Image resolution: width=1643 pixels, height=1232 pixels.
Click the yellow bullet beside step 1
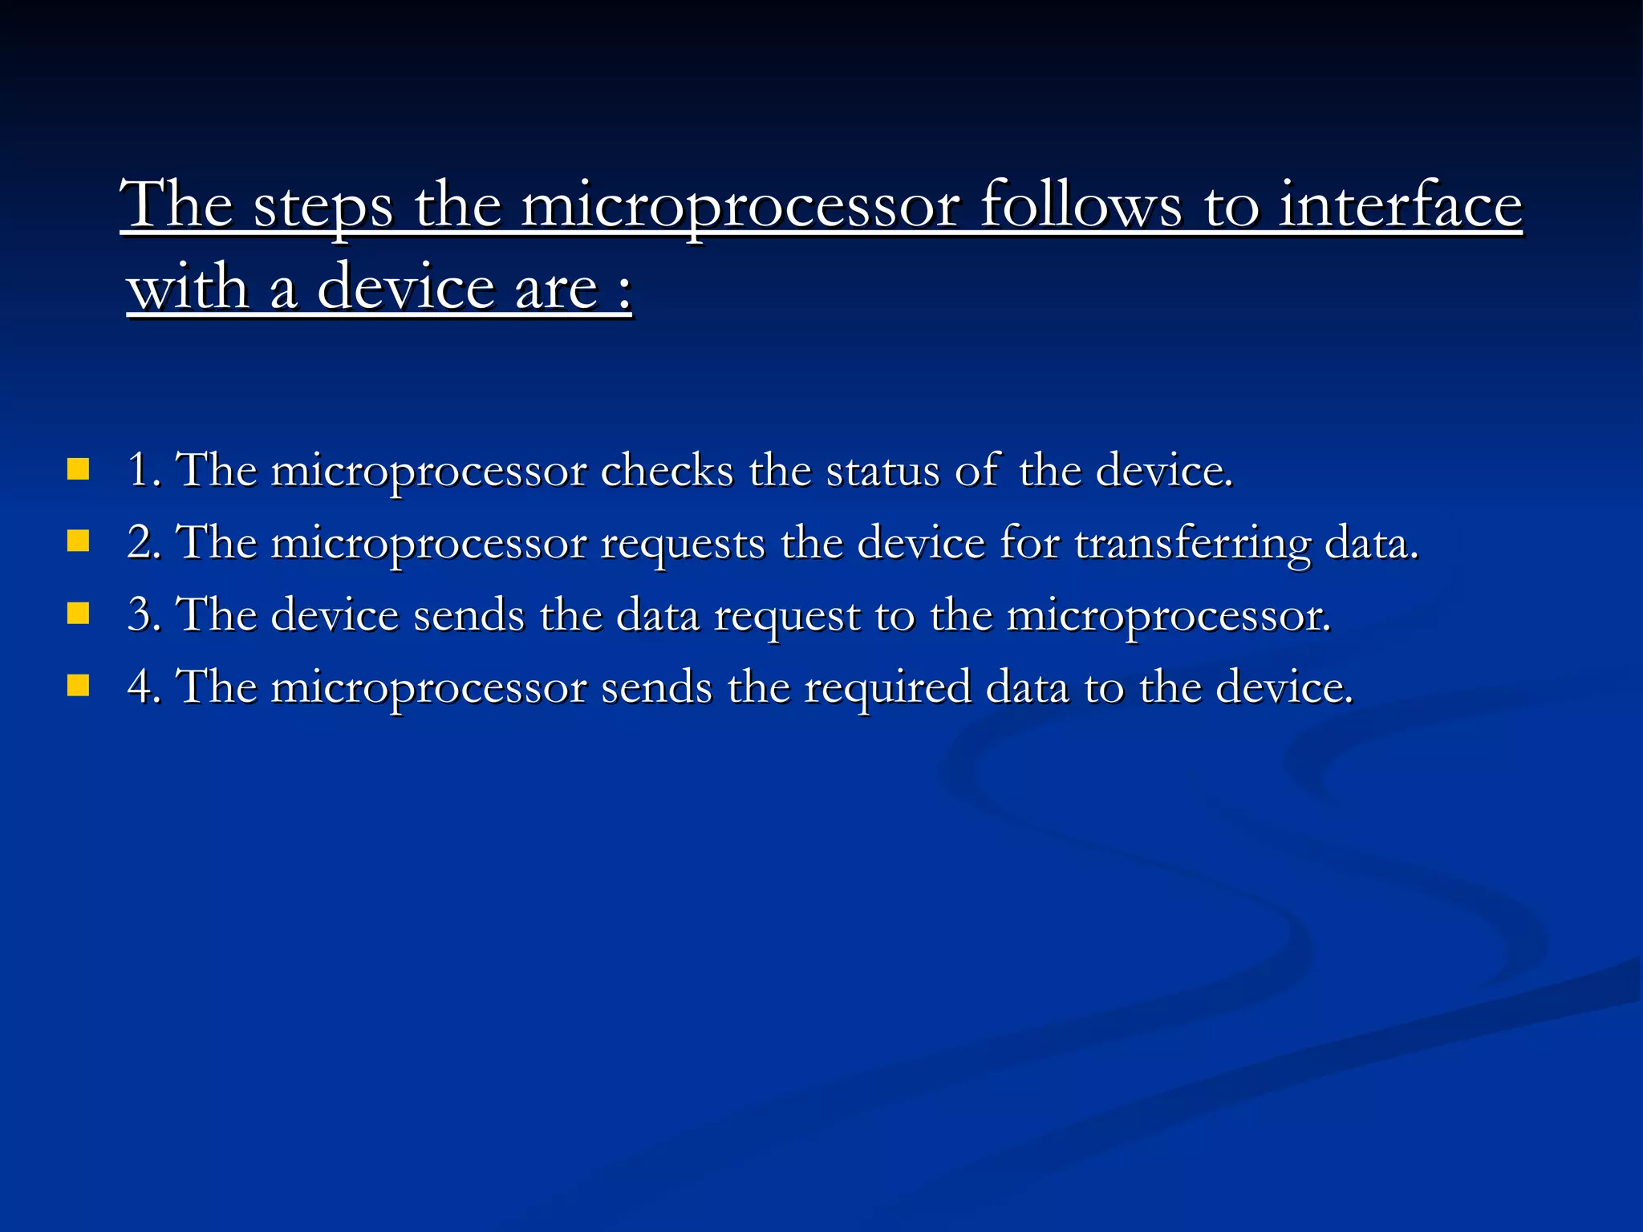click(78, 469)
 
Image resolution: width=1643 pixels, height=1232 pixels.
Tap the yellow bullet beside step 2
click(78, 541)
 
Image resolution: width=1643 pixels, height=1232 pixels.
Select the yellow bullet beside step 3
click(78, 614)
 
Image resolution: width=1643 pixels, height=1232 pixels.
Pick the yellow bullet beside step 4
click(78, 686)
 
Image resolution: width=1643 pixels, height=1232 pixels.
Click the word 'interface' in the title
click(1399, 205)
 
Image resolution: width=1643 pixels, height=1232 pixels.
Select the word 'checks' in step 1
click(667, 470)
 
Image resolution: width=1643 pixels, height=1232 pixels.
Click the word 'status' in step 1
click(882, 470)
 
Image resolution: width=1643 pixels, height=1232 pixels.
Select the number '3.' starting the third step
click(144, 615)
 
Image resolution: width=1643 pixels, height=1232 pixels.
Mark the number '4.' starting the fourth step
click(144, 687)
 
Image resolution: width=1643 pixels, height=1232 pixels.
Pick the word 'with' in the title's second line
click(188, 289)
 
